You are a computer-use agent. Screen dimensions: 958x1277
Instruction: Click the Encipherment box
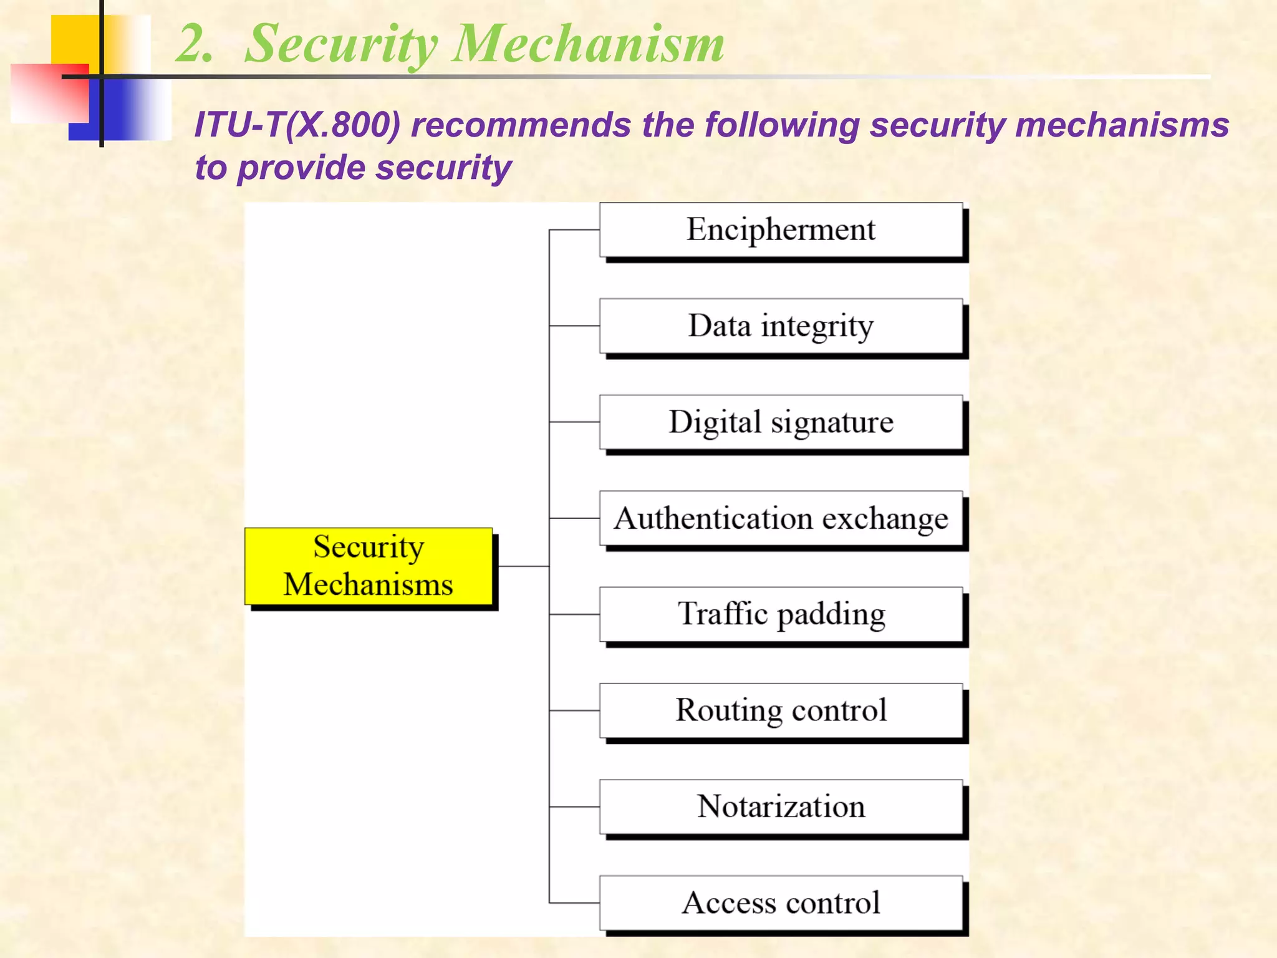[781, 230]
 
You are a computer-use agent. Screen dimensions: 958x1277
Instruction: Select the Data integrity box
[781, 326]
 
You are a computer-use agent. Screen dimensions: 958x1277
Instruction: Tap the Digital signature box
[781, 422]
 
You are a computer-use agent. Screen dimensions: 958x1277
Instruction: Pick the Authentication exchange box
[781, 518]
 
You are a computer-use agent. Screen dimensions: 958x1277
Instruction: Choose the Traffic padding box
[781, 614]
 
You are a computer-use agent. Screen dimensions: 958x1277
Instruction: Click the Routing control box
[781, 710]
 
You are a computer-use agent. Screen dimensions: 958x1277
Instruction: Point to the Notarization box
[781, 806]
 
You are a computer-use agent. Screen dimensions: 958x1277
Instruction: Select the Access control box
[781, 902]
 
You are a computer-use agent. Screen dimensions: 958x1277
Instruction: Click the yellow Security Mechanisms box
[369, 566]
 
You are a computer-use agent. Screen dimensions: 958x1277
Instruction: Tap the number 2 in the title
[193, 44]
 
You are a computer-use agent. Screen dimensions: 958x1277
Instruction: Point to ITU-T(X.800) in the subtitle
[297, 125]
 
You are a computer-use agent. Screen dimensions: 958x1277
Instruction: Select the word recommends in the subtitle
[521, 125]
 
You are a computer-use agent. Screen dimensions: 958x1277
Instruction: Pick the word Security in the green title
[341, 44]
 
